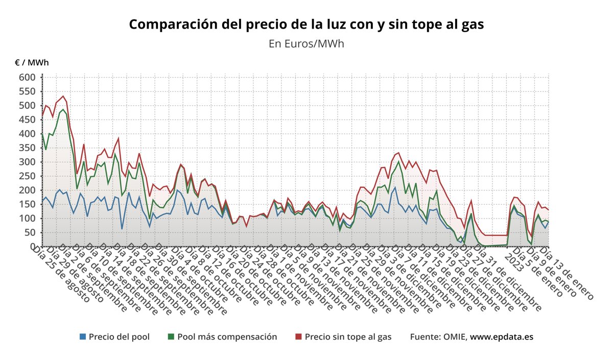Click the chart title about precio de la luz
[x=306, y=25]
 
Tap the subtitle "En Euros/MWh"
[x=306, y=43]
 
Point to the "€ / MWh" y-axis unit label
[x=32, y=63]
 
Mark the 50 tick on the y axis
[x=30, y=232]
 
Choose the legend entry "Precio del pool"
[x=119, y=337]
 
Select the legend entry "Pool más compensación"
[x=227, y=337]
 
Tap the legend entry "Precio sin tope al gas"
[x=348, y=337]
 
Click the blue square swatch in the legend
[x=83, y=337]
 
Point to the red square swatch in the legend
[x=299, y=337]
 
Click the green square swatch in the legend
[x=171, y=337]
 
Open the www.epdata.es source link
[x=502, y=337]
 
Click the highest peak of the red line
[x=63, y=96]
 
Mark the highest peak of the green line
[x=63, y=110]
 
